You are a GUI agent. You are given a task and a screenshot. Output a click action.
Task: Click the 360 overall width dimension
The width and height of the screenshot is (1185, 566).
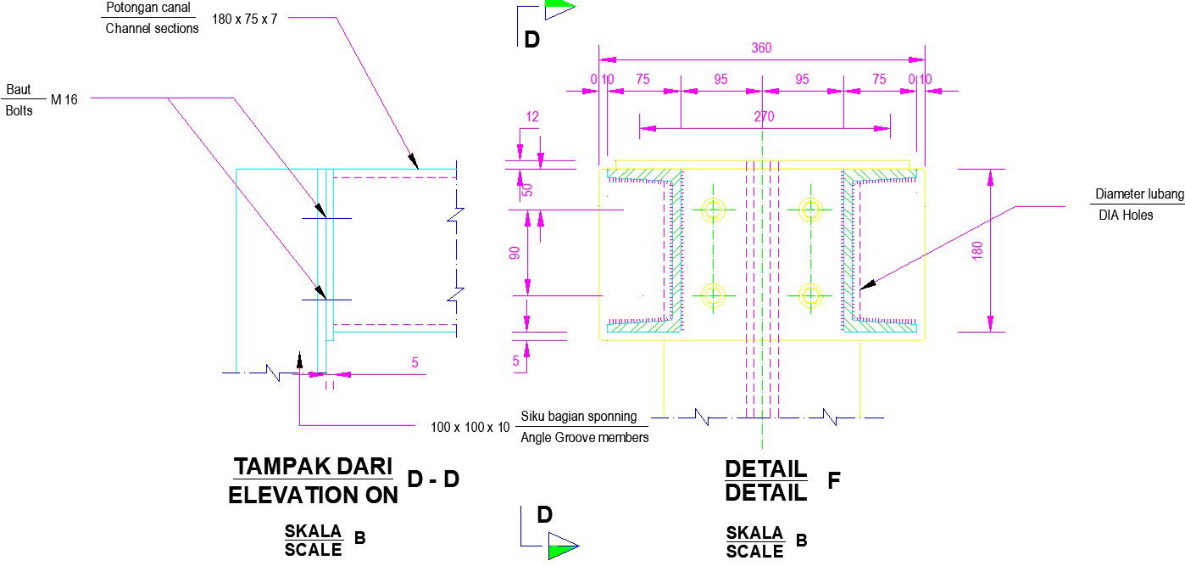[x=761, y=48]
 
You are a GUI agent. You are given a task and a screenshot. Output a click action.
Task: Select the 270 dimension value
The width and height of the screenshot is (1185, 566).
[x=764, y=117]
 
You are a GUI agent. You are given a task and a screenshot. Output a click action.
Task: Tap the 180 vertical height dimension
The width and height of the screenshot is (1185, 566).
[x=976, y=250]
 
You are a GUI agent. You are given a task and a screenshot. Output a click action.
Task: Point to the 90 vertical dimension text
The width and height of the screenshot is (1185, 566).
[x=514, y=253]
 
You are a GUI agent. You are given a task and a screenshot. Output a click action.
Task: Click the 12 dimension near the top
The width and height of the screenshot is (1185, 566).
[x=532, y=117]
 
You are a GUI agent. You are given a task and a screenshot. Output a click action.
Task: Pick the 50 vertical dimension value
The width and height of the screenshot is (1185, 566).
[x=526, y=189]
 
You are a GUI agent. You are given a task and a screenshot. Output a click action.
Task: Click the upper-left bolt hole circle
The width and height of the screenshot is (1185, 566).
[x=714, y=210]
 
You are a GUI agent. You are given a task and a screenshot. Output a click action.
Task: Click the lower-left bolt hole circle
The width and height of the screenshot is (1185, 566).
[x=714, y=295]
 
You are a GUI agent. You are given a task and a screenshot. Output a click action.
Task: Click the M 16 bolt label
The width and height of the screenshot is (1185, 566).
[x=64, y=100]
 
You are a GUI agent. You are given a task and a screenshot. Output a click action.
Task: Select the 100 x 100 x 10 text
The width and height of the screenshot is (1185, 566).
[x=470, y=427]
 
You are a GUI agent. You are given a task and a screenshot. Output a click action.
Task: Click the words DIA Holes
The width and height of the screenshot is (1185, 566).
[x=1126, y=216]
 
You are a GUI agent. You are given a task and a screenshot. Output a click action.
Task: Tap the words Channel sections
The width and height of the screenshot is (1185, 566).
[x=152, y=28]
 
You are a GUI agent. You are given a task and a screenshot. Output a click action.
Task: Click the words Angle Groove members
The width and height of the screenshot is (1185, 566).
[x=585, y=438]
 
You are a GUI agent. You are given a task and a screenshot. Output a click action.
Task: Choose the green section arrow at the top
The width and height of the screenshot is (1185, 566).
[x=559, y=8]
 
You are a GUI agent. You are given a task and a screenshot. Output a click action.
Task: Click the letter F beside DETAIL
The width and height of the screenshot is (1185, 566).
[x=833, y=481]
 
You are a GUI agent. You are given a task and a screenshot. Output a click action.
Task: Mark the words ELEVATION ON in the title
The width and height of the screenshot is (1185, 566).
[x=313, y=496]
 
